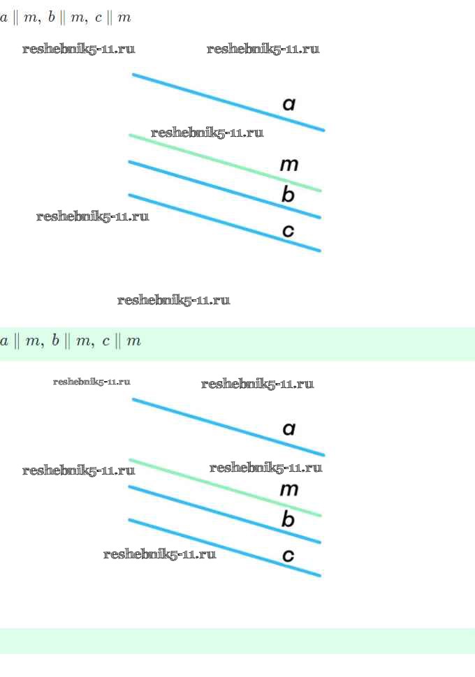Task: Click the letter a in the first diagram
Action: (289, 105)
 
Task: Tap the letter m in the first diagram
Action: (289, 165)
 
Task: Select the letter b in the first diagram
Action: (288, 195)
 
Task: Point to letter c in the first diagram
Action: (288, 231)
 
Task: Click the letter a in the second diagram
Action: (289, 429)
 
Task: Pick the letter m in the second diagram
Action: (289, 490)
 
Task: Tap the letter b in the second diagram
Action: (288, 520)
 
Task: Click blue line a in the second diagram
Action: (210, 421)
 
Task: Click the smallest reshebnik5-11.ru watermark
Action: (92, 382)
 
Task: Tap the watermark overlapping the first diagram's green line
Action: (207, 133)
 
